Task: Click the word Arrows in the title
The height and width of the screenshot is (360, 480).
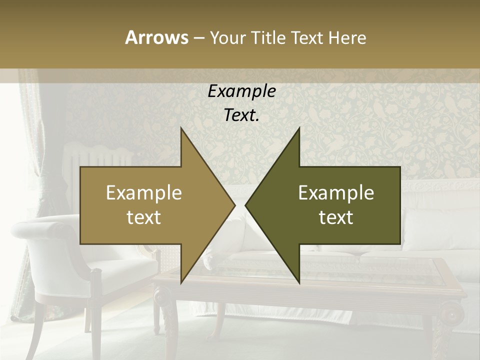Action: [x=156, y=37]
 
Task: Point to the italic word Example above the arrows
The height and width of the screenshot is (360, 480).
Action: [x=242, y=91]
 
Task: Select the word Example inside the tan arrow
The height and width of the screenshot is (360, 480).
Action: [x=144, y=193]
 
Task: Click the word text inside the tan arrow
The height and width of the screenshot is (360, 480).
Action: [x=144, y=217]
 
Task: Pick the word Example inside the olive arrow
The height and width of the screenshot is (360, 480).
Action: [x=336, y=193]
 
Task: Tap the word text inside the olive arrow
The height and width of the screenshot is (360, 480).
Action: [x=336, y=217]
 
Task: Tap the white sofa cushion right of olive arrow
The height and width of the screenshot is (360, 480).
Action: [x=430, y=225]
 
